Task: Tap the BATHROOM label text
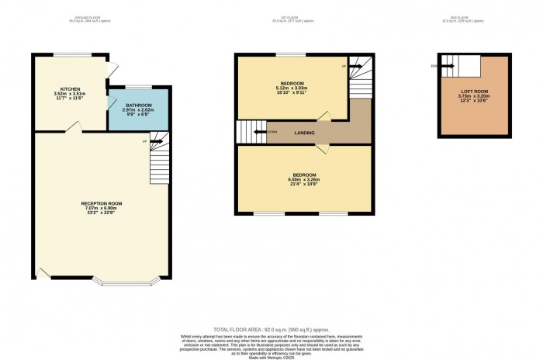click(136, 104)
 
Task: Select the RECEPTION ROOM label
click(102, 203)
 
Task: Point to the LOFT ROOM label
click(472, 91)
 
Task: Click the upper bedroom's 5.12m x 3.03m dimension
click(292, 88)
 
